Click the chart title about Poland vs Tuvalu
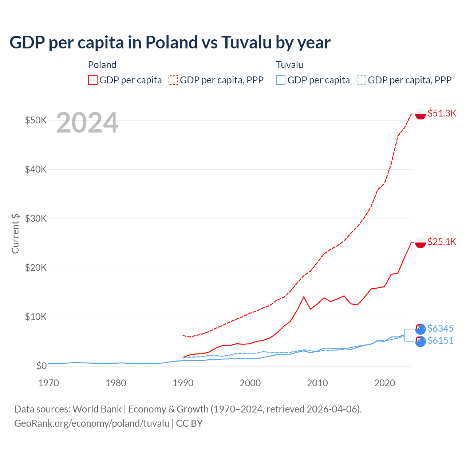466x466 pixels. pos(170,42)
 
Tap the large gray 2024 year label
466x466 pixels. pos(87,123)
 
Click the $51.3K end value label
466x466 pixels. pos(442,113)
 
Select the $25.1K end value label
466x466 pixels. pos(442,242)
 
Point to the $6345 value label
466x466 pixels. pos(440,328)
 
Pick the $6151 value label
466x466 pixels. pos(440,340)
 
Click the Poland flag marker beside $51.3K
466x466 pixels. pos(420,114)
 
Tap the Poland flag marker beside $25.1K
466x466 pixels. pos(420,242)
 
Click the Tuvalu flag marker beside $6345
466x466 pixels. pos(420,329)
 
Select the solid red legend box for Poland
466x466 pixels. pos(93,80)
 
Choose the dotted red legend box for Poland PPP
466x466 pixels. pos(173,80)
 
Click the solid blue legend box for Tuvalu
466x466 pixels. pos(281,80)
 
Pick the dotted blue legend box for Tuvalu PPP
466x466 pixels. pos(361,80)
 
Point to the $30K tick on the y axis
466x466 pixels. pos(36,218)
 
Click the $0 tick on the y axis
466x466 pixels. pos(41,366)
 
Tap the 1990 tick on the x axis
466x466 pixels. pos(183,383)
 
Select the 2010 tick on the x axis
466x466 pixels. pos(317,383)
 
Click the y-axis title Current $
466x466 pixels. pos(15,233)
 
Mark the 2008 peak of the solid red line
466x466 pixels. pos(304,297)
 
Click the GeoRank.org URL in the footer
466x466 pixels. pos(92,423)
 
